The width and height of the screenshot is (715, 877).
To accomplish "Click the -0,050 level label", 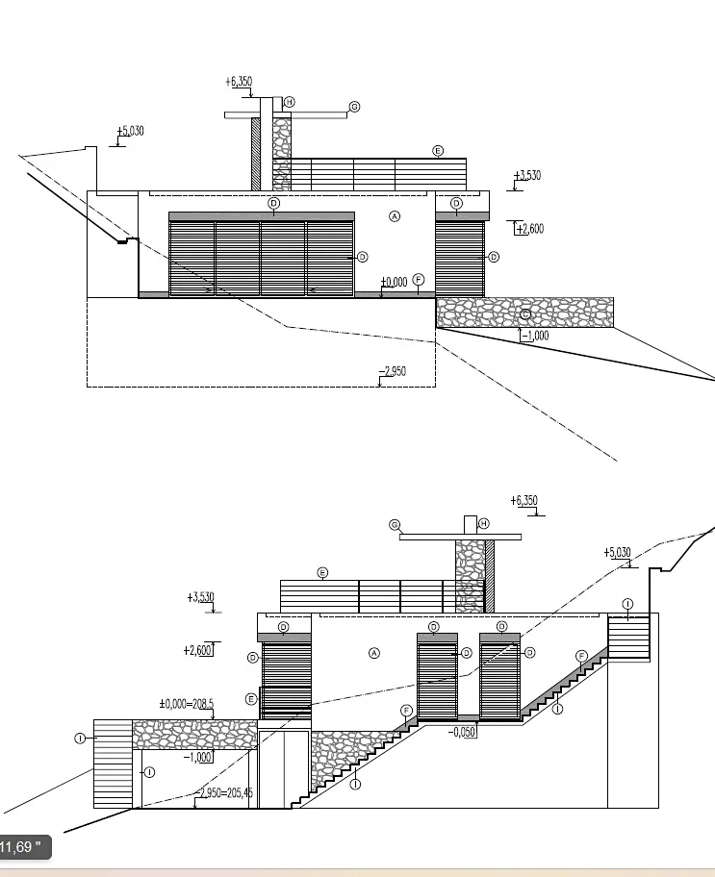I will [x=463, y=732].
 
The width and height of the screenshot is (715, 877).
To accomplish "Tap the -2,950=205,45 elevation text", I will [x=225, y=792].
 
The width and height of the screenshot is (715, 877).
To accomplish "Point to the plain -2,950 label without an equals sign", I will [x=393, y=370].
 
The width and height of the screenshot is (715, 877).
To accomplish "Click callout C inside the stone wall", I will [x=525, y=314].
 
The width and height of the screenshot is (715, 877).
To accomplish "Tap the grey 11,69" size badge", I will [x=23, y=847].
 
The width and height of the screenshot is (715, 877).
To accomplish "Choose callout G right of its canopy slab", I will [x=354, y=106].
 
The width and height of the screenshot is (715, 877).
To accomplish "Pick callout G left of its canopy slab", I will [x=395, y=524].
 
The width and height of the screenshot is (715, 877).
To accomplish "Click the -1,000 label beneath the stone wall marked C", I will [x=534, y=336].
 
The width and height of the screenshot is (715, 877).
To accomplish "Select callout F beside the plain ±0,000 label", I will [x=419, y=279].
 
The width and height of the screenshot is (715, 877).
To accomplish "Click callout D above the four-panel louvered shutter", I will [x=273, y=203].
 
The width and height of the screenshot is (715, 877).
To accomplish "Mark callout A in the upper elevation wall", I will [x=395, y=217].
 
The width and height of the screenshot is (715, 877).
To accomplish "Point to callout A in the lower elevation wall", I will [x=374, y=653].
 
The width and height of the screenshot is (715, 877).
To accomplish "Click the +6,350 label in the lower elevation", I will [x=525, y=500].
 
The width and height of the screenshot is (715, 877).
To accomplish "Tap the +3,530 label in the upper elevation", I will [x=527, y=175].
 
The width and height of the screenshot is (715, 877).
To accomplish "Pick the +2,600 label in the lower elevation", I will [x=197, y=650].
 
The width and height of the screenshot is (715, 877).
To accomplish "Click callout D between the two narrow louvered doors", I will [x=467, y=652].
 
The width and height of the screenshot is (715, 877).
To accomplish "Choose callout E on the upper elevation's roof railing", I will [x=438, y=151].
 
